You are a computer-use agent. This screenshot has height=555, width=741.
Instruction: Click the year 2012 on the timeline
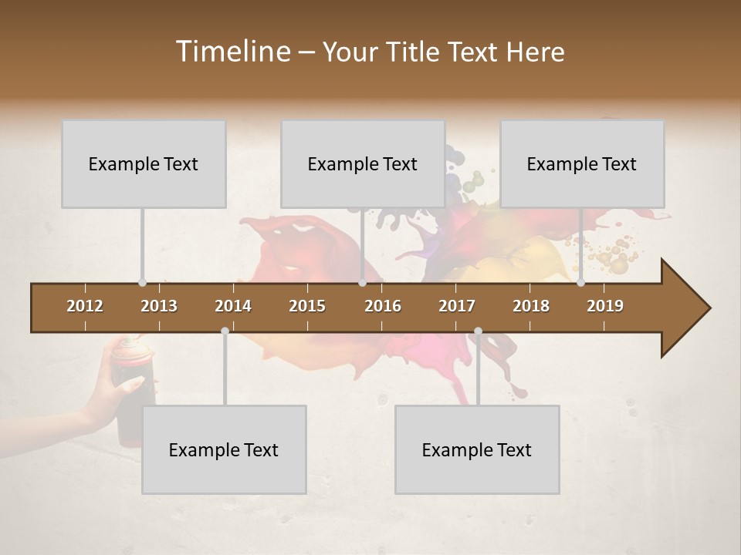pos(85,306)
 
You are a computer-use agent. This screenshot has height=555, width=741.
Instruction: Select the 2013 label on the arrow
pos(159,306)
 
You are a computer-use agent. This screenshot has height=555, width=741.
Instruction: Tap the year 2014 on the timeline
pos(233,306)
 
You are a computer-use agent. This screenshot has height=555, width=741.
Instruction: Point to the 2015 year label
pos(307,306)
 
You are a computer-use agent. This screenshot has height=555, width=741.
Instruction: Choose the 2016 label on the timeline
pos(383,306)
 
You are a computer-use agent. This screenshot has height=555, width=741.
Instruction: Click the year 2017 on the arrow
pos(457,306)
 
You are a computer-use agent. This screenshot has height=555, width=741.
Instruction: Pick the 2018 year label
pos(531,306)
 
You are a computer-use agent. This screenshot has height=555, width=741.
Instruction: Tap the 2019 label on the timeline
pos(605,306)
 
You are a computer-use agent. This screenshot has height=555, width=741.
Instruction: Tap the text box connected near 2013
pos(144,163)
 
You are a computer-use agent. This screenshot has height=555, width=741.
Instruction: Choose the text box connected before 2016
pos(363,163)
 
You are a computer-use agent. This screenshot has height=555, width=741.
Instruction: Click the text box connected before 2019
pos(582,163)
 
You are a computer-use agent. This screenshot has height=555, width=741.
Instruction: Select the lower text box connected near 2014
pos(224,449)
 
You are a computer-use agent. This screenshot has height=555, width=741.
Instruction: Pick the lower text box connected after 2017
pos(477,449)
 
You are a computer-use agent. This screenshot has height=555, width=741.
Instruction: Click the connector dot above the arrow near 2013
pos(142,283)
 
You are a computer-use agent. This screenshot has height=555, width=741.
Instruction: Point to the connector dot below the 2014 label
pos(225,331)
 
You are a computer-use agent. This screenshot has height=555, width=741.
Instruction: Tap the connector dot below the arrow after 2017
pos(478,331)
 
